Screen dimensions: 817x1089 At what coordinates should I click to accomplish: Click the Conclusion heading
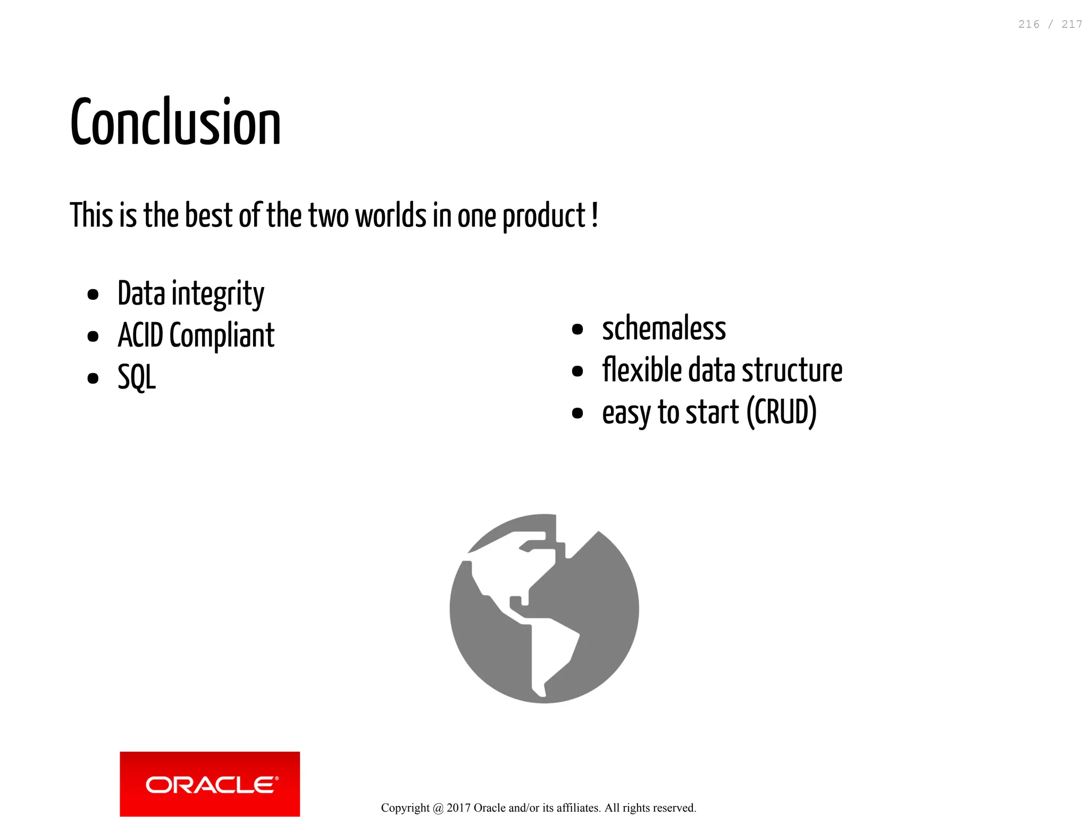tap(175, 123)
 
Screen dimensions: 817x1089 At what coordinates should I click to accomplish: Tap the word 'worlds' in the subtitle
tap(391, 216)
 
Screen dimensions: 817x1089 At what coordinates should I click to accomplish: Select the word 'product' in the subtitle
tap(544, 217)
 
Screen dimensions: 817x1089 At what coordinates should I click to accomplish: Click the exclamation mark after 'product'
tap(595, 215)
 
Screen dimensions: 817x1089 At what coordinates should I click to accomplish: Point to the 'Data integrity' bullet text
tap(190, 293)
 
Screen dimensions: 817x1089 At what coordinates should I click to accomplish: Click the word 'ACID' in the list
tap(140, 335)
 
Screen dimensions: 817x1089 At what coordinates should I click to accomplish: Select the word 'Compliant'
tap(222, 336)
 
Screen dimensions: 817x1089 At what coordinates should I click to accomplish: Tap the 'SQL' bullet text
tap(137, 377)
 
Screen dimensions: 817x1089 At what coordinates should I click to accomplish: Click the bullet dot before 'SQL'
tap(93, 378)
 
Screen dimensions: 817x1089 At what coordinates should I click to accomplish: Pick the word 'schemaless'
tap(664, 329)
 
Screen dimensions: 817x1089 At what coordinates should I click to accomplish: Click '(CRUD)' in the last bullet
tap(781, 412)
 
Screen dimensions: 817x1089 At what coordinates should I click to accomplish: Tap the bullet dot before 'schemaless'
tap(577, 330)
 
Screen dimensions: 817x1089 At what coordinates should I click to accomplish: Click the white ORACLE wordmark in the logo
tap(212, 785)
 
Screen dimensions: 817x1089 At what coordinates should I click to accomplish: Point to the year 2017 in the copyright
tap(458, 808)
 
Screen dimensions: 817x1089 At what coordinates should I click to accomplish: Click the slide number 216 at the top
tap(1028, 24)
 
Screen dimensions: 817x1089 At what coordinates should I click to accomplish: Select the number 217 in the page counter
tap(1071, 24)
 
